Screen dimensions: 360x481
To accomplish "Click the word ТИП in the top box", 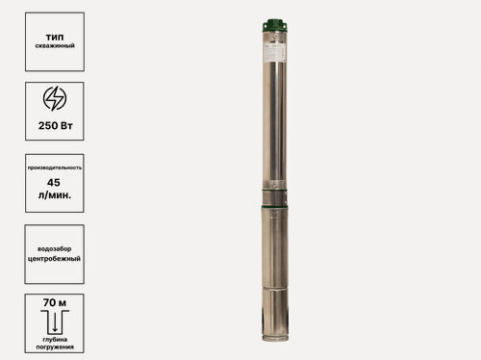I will (54, 35).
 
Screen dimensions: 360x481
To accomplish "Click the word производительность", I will (54, 167).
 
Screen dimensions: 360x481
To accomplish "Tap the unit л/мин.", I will (54, 195).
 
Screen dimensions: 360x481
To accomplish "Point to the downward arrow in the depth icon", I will (54, 322).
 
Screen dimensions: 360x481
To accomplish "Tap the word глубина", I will (54, 339).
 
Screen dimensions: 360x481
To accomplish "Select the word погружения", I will (54, 348).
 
